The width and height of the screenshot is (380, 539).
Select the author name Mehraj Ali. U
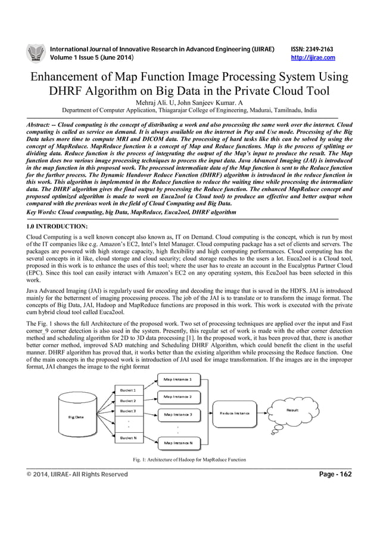[x=152, y=103]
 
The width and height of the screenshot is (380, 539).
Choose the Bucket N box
[x=129, y=438]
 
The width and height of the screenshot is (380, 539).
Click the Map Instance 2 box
[x=174, y=396]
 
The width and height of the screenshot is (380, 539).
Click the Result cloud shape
[x=292, y=412]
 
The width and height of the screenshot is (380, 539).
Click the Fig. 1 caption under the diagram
[x=189, y=458]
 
